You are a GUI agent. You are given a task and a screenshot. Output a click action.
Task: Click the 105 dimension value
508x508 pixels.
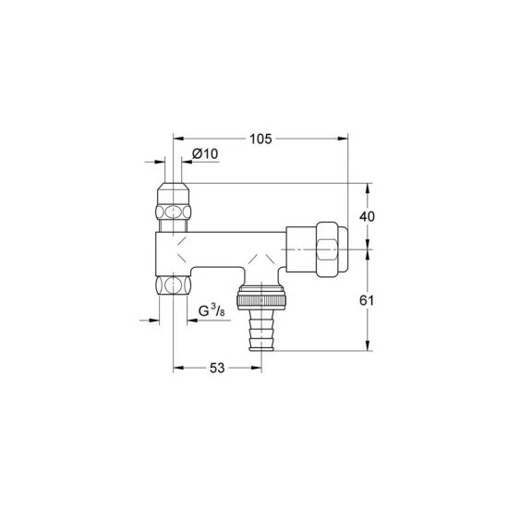pyautogui.click(x=260, y=139)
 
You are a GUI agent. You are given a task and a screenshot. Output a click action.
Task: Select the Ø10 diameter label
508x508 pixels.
pyautogui.click(x=205, y=153)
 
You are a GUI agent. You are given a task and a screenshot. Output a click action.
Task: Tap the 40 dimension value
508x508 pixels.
pyautogui.click(x=367, y=216)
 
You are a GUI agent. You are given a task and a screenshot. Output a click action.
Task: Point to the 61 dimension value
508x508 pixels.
pyautogui.click(x=367, y=301)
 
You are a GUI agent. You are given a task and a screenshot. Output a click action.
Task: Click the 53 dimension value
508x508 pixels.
pyautogui.click(x=217, y=368)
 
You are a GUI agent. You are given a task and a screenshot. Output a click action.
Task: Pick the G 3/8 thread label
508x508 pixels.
pyautogui.click(x=212, y=310)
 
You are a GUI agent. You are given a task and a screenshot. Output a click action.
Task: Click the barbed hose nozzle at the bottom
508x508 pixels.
pyautogui.click(x=261, y=330)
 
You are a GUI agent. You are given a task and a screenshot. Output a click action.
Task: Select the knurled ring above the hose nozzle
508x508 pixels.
pyautogui.click(x=261, y=297)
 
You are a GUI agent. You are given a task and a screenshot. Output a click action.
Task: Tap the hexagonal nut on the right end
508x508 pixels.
pyautogui.click(x=333, y=249)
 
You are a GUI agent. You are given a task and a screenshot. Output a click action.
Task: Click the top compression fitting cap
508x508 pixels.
pyautogui.click(x=173, y=194)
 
